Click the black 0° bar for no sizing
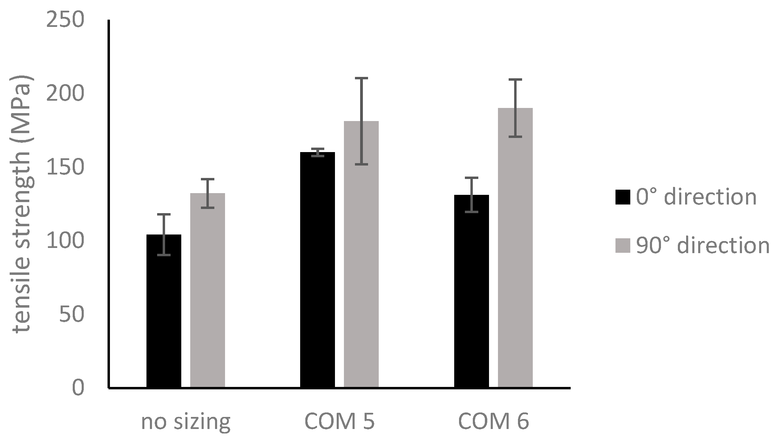(164, 310)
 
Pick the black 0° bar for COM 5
(317, 269)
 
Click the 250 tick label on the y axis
(65, 20)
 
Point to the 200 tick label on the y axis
(65, 94)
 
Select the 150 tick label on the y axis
(65, 167)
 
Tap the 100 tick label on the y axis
(65, 241)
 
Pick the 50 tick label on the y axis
(72, 314)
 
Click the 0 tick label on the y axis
(78, 388)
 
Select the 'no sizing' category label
(186, 421)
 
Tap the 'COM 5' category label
(339, 421)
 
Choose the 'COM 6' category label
(493, 421)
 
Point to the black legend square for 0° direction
(622, 197)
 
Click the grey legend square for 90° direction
(622, 246)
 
